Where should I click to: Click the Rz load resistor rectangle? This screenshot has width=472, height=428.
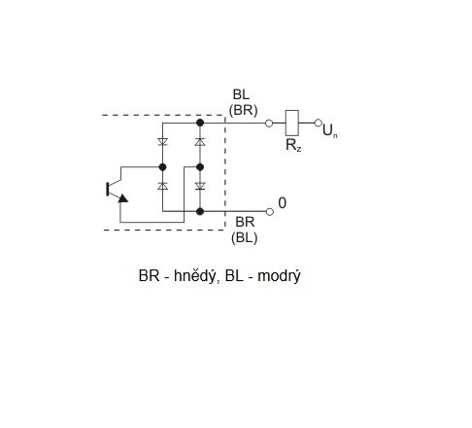click(291, 123)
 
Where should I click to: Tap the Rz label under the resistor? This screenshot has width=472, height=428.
click(293, 145)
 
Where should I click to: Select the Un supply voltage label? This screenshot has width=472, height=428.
click(330, 130)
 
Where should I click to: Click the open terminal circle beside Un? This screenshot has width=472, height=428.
click(319, 123)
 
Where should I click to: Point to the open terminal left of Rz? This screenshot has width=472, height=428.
click(269, 124)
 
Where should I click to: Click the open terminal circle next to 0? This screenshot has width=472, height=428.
click(270, 212)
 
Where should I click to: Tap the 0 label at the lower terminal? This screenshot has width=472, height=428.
click(283, 203)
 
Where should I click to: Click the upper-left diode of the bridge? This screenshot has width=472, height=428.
click(162, 142)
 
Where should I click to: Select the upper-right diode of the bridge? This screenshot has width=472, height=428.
click(200, 142)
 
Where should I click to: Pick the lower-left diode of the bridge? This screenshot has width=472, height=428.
click(162, 186)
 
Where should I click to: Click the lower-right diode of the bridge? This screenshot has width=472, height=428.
click(200, 186)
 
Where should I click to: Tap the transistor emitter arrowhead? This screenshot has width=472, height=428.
click(122, 198)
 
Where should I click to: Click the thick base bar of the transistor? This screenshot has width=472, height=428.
click(108, 190)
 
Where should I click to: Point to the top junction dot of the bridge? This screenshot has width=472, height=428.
click(200, 123)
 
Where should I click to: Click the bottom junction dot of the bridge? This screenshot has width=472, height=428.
click(200, 211)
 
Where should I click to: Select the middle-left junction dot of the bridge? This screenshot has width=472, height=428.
click(162, 167)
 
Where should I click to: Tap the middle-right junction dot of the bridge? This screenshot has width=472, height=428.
click(200, 167)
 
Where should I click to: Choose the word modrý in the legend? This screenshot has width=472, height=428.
click(279, 276)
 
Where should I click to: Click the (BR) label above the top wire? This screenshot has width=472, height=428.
click(243, 110)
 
